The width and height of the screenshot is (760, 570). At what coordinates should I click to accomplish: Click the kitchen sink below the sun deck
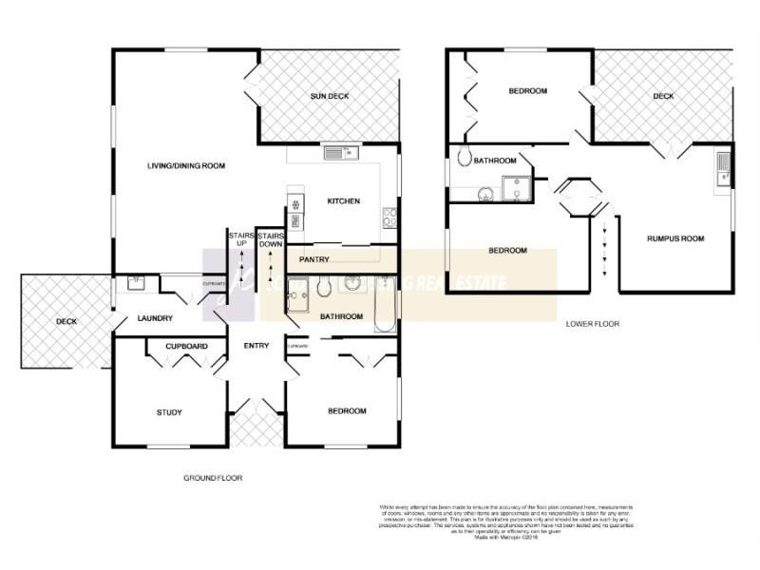338,152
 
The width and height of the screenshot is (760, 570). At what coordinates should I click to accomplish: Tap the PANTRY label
313,258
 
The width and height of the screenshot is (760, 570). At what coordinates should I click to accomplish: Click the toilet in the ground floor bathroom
326,285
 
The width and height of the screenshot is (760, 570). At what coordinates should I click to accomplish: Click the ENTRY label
256,346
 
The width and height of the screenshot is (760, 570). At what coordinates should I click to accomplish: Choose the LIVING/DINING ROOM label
185,166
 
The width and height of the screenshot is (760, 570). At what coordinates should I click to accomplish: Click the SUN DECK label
331,97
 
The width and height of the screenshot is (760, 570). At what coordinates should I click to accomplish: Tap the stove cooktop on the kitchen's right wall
389,218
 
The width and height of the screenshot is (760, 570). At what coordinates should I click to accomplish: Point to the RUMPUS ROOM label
675,238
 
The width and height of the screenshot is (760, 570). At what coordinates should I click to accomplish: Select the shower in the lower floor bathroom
518,190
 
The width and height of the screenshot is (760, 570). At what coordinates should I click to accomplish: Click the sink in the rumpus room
723,168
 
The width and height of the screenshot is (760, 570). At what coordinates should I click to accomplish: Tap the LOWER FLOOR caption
592,324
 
